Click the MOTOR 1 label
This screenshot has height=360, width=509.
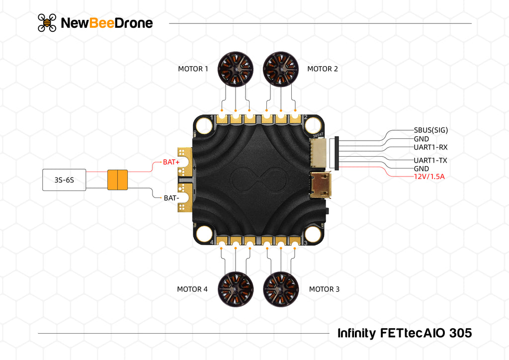(x=193, y=69)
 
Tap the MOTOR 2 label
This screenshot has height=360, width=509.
(x=322, y=69)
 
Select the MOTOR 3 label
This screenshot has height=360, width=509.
(x=324, y=289)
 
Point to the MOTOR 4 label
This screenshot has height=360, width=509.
(x=192, y=289)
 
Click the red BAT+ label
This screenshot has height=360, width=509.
(x=171, y=162)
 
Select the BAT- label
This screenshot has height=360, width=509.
(x=171, y=198)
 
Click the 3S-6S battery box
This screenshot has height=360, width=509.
(x=64, y=180)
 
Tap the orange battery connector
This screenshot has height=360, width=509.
(x=118, y=180)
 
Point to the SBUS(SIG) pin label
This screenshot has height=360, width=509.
(x=430, y=130)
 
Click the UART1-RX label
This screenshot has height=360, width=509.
(x=430, y=147)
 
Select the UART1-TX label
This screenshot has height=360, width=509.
(x=430, y=160)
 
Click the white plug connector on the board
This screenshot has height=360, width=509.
(x=319, y=152)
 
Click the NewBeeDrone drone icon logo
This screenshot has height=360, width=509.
(x=47, y=23)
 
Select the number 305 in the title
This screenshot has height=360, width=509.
(x=460, y=333)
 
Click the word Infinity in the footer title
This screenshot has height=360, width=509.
(x=356, y=333)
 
